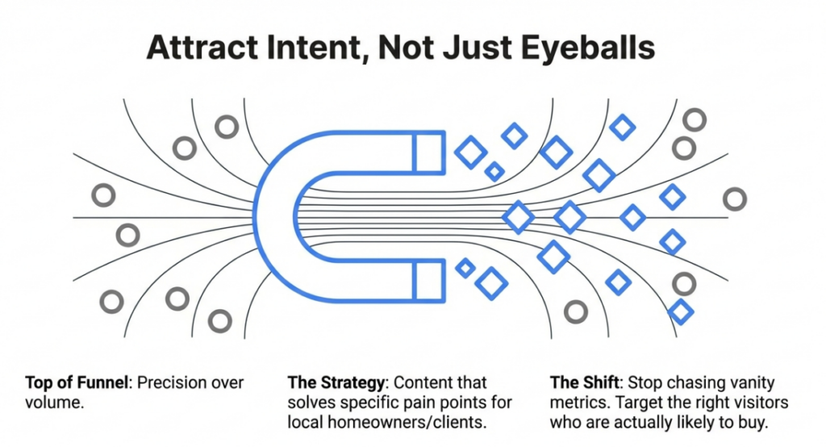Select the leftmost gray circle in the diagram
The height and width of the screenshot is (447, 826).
pos(103,195)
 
